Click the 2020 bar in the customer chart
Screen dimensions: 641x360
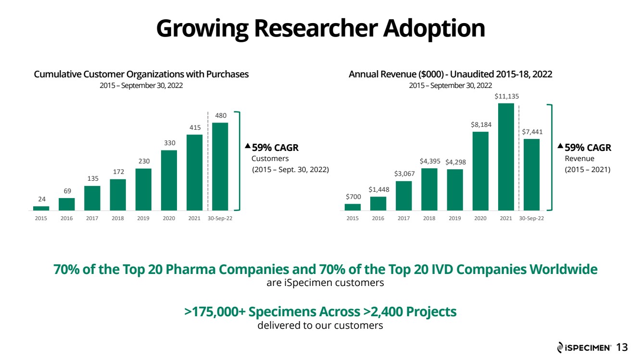point(169,180)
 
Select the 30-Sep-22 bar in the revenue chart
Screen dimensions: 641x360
point(531,174)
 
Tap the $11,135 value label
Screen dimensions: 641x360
point(506,96)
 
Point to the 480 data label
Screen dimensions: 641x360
point(221,115)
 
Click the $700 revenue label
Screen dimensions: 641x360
point(353,197)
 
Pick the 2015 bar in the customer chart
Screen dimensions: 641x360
point(41,209)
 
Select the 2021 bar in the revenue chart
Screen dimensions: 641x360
point(506,157)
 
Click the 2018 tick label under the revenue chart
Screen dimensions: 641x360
point(429,218)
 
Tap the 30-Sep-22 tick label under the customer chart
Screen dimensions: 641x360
point(220,218)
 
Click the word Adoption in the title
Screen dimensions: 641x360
point(434,29)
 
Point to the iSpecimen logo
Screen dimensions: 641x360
point(584,348)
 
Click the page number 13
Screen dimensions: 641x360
point(622,348)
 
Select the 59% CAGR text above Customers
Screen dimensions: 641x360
point(275,148)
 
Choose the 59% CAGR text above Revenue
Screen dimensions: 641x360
point(588,148)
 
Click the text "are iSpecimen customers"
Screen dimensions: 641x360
point(325,283)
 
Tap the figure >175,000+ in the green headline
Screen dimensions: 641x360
point(214,311)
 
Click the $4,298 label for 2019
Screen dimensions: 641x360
point(455,162)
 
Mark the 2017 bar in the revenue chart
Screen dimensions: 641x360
point(404,196)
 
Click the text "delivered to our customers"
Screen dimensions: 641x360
point(320,325)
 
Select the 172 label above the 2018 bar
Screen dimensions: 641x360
point(118,172)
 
